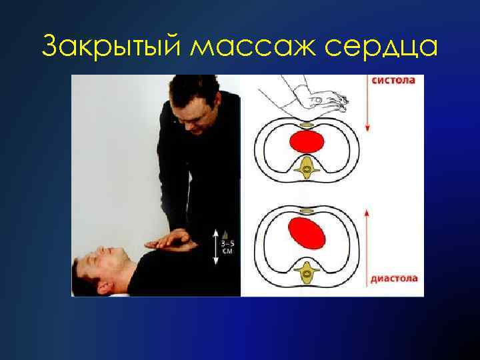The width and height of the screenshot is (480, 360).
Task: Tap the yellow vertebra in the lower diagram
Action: pos(307,273)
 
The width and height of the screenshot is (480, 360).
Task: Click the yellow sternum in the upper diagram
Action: pos(307,125)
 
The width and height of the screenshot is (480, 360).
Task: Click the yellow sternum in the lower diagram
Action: pos(306,211)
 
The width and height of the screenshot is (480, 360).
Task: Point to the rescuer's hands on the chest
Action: pos(169,239)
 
